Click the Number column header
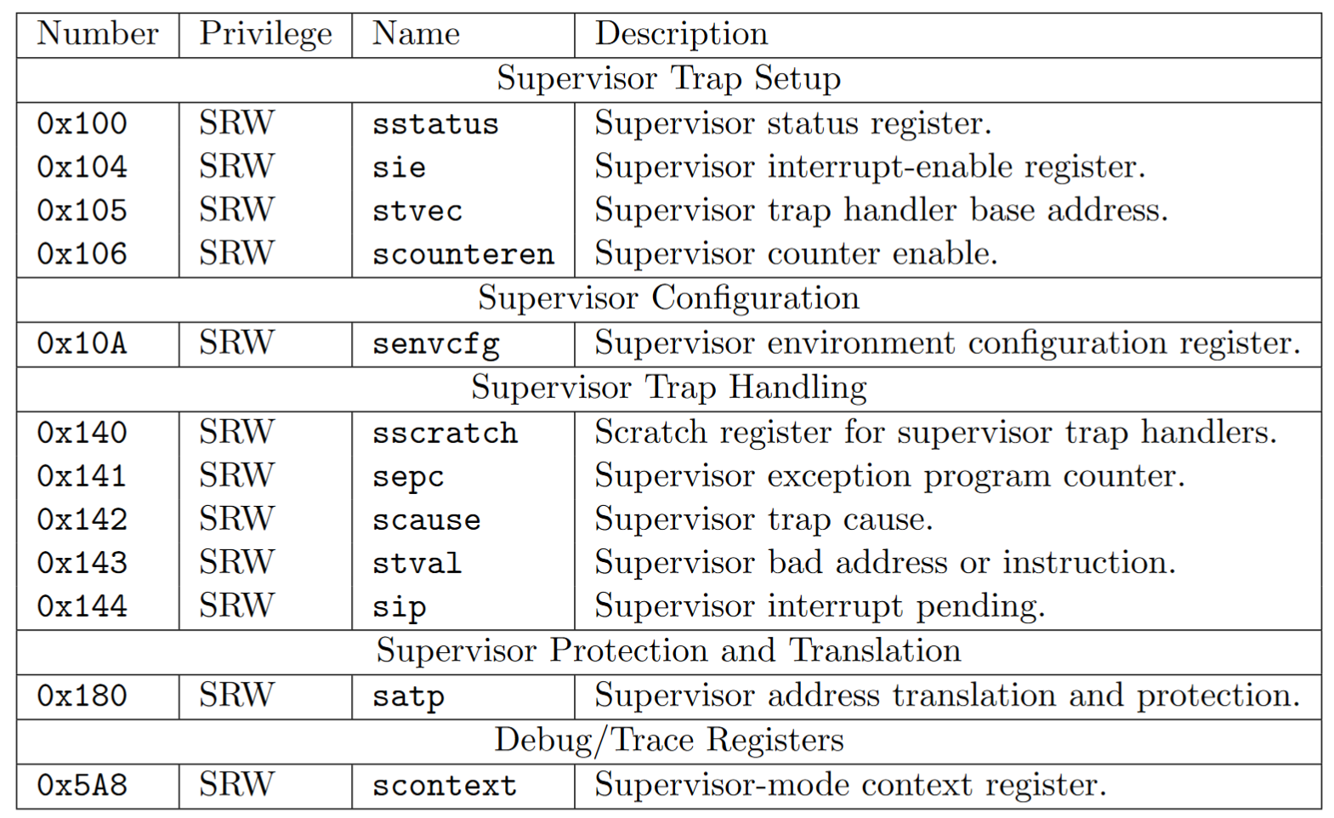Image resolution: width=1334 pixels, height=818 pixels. point(98,33)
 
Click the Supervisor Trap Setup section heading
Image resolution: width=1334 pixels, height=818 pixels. point(669,79)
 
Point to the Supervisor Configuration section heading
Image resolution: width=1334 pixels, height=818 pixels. point(669,298)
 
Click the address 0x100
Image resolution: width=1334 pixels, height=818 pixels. point(82,123)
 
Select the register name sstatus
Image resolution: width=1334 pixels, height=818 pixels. point(435,124)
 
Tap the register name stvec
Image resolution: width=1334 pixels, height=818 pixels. point(417,211)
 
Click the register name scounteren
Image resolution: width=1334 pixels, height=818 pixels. point(463,255)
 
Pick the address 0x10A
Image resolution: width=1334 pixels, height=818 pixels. point(82,344)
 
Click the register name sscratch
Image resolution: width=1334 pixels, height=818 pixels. point(445,434)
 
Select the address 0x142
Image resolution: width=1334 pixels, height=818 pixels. point(82,519)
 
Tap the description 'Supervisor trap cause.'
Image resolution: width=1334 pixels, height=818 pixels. point(764,520)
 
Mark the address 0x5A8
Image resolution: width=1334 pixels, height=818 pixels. point(82,785)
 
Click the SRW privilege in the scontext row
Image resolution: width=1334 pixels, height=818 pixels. point(236,784)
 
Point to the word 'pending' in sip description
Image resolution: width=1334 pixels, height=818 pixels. point(980,607)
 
